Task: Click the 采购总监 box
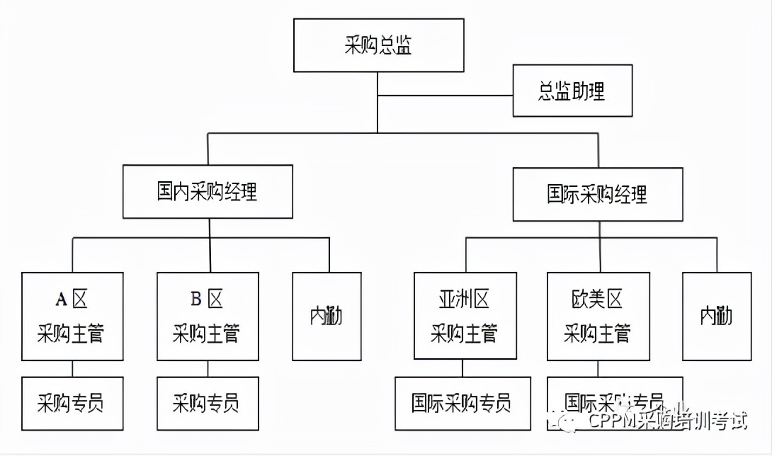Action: [378, 45]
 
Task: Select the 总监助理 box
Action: [572, 91]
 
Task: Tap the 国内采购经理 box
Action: [208, 192]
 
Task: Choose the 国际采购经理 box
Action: [597, 194]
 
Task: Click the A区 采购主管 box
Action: [72, 316]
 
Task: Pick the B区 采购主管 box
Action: [208, 316]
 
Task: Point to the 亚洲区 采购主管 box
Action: [463, 316]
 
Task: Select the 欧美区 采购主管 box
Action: [598, 316]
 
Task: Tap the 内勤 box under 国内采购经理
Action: [327, 316]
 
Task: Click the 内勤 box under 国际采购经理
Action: [716, 316]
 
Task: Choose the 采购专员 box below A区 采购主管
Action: [72, 404]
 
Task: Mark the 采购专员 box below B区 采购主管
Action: [208, 404]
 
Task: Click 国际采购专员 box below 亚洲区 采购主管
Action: [462, 404]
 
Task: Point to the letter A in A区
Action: [61, 300]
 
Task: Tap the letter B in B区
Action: [196, 300]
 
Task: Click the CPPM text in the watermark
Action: [611, 422]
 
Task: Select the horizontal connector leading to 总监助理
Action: [445, 95]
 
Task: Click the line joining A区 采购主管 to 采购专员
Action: [72, 368]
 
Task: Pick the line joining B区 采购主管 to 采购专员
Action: [208, 368]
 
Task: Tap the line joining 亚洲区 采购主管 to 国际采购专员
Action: [463, 368]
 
